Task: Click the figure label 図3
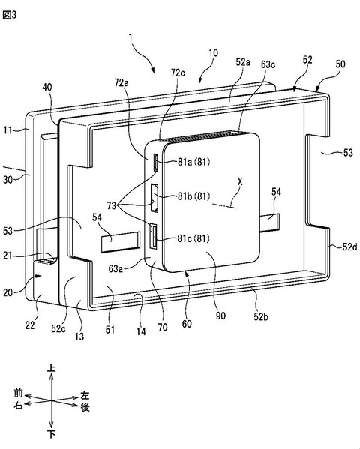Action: pyautogui.click(x=10, y=15)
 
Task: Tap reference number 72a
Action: pyautogui.click(x=121, y=82)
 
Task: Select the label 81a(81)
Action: pyautogui.click(x=193, y=162)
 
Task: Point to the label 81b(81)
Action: pyautogui.click(x=193, y=196)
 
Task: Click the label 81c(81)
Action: pyautogui.click(x=193, y=238)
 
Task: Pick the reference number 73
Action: pyautogui.click(x=112, y=205)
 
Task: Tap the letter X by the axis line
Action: pyautogui.click(x=240, y=181)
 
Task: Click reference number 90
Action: pyautogui.click(x=220, y=316)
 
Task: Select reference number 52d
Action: pyautogui.click(x=349, y=247)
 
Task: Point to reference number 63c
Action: pyautogui.click(x=268, y=64)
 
